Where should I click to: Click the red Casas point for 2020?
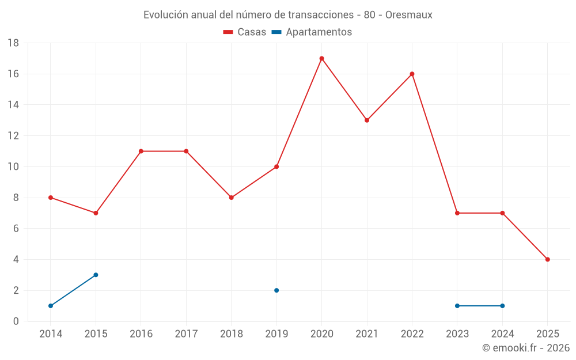(x=321, y=58)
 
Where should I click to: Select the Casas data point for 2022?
(x=412, y=74)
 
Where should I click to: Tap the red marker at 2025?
(x=547, y=259)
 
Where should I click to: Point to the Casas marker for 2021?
(x=367, y=120)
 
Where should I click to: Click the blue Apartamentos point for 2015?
(x=96, y=275)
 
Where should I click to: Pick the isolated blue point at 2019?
(x=276, y=290)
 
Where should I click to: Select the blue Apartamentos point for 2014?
(x=51, y=306)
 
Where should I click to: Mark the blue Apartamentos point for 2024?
(x=502, y=306)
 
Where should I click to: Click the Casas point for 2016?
(x=141, y=151)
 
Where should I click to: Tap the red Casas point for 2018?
(x=232, y=198)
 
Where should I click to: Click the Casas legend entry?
(x=245, y=32)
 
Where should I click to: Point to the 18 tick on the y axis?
(x=13, y=43)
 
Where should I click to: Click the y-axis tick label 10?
(x=13, y=167)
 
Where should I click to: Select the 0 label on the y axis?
(x=16, y=321)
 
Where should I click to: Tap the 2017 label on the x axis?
(x=186, y=334)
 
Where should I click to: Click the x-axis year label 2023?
(x=457, y=334)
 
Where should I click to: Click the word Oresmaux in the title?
(x=408, y=15)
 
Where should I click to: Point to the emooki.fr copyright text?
(x=525, y=348)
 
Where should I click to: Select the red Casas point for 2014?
(x=51, y=198)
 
